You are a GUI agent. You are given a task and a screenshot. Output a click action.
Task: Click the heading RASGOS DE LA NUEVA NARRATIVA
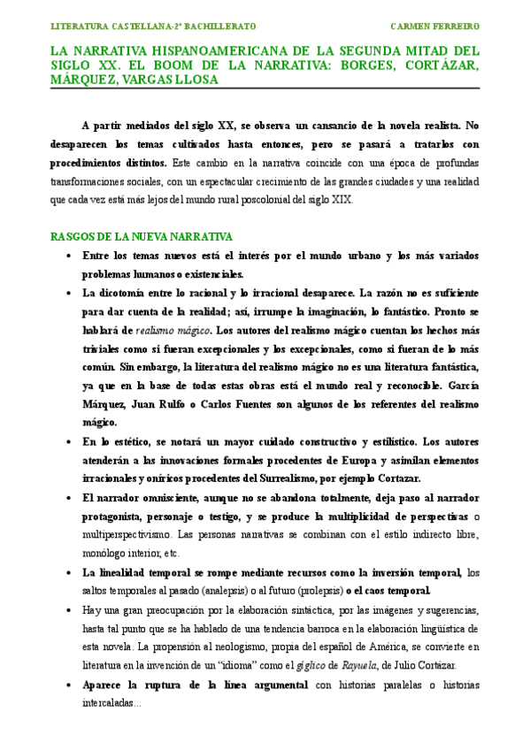coord(142,237)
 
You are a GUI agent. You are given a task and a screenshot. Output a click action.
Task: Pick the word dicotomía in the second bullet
coord(119,293)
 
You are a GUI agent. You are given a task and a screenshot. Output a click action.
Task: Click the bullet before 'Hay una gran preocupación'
coord(69,609)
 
